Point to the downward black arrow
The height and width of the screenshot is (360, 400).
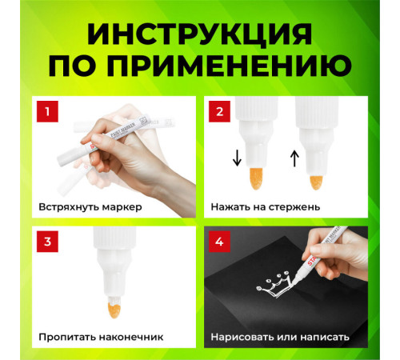coord(237,158)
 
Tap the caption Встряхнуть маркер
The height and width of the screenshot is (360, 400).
coord(90,206)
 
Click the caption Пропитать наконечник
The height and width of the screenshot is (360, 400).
coord(102,337)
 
